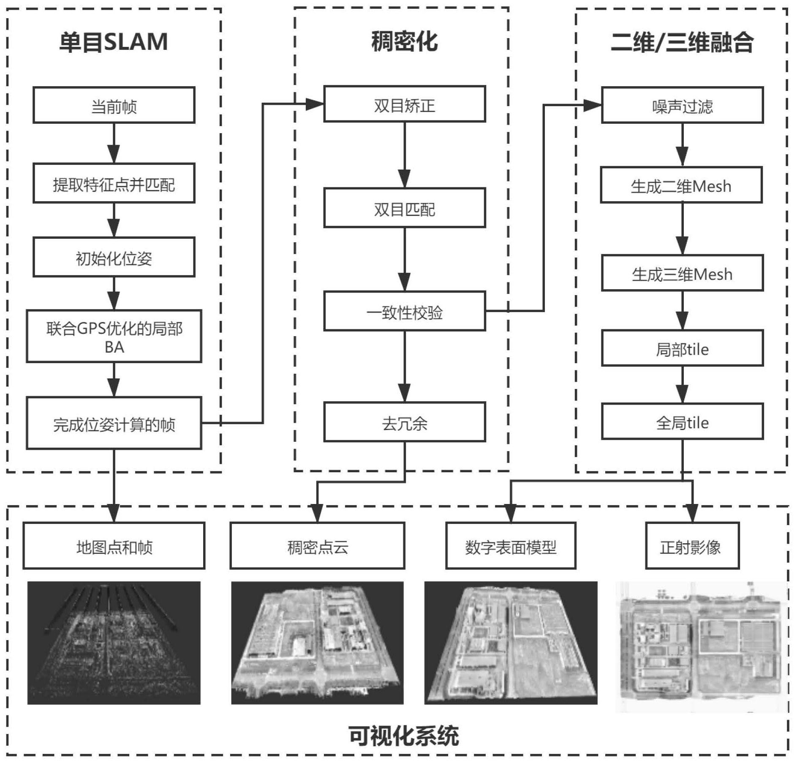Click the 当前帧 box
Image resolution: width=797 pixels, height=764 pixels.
click(x=114, y=105)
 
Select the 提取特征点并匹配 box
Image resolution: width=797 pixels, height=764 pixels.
click(x=114, y=183)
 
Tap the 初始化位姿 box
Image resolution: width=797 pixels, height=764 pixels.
click(x=114, y=257)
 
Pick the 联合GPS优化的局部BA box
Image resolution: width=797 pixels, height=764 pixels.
click(x=114, y=337)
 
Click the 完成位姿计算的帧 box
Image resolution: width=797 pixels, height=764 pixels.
click(x=114, y=423)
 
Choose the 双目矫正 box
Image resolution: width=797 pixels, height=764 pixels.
click(x=404, y=104)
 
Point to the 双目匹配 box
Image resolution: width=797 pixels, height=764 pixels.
click(x=404, y=208)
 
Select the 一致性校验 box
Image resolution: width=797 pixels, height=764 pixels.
click(x=404, y=311)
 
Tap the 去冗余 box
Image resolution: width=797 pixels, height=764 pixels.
click(x=404, y=422)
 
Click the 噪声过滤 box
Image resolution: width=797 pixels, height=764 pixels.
click(x=682, y=105)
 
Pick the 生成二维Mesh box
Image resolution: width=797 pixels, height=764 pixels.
click(x=681, y=185)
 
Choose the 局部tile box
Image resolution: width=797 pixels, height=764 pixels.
click(x=682, y=348)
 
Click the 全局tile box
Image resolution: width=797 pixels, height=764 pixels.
click(x=682, y=422)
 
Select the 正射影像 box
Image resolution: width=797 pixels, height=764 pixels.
click(x=692, y=546)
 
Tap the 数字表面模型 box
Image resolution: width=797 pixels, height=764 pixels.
click(x=510, y=546)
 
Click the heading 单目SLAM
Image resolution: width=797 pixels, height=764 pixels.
click(x=114, y=42)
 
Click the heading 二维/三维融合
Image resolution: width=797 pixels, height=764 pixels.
click(x=682, y=42)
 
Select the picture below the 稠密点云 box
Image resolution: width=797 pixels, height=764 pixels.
click(x=317, y=643)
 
